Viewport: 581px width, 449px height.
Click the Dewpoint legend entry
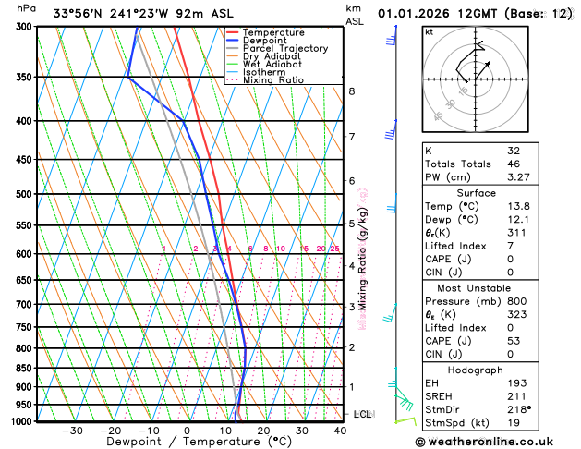266,41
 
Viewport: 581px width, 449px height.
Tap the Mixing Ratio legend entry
272,80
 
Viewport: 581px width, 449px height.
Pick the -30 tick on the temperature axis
71,431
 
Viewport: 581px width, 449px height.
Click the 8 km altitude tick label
352,91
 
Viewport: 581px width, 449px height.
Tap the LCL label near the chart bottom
362,414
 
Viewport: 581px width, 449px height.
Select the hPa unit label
28,8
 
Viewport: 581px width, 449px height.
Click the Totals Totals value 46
514,164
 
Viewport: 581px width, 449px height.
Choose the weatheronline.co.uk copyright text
496,442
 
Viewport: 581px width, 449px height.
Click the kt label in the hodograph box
429,32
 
